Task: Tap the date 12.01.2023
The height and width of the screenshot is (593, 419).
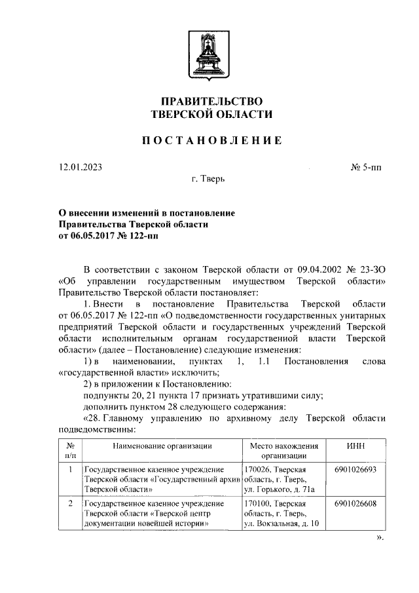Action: (x=80, y=167)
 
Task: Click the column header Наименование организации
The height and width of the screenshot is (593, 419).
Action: (x=161, y=446)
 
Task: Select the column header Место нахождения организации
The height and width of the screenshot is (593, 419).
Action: (x=284, y=451)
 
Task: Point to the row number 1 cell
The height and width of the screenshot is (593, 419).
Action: (x=70, y=470)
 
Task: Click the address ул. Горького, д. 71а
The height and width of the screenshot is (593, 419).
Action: (x=279, y=489)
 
